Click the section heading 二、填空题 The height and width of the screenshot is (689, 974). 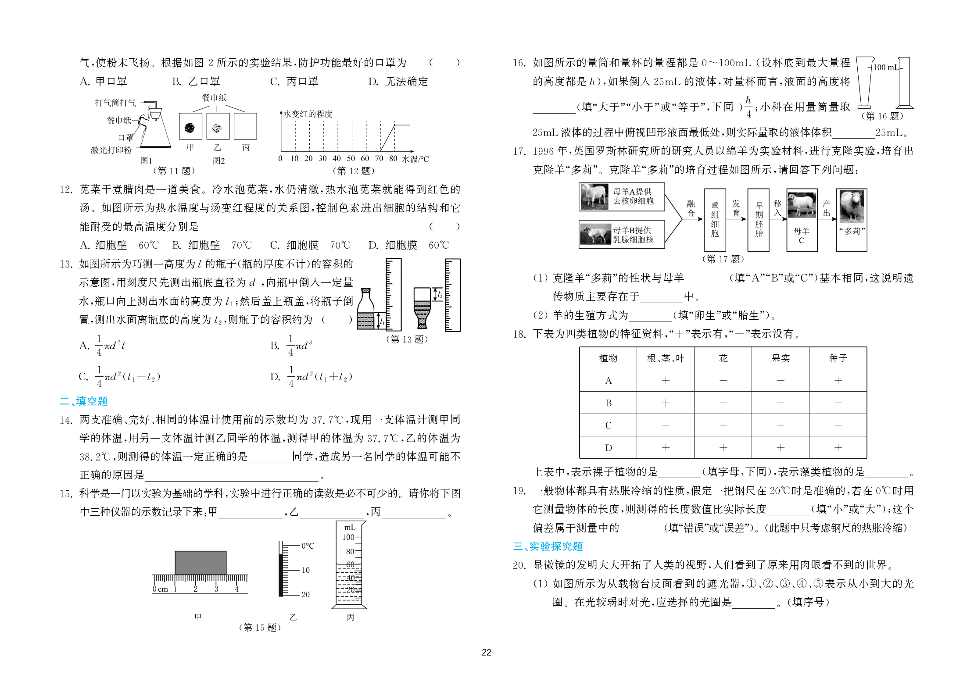[84, 401]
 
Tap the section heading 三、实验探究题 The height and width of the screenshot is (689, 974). [548, 546]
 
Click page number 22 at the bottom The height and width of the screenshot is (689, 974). [486, 653]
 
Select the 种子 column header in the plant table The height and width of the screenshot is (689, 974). [838, 358]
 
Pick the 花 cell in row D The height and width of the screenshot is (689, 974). [723, 447]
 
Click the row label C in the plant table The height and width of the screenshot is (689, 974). [608, 425]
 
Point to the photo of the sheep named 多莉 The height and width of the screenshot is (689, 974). [851, 207]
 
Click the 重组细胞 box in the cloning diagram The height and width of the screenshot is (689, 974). [715, 219]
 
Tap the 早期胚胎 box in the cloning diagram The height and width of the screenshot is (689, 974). [759, 219]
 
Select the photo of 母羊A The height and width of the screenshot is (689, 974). [594, 196]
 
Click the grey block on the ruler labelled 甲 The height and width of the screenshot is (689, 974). [201, 562]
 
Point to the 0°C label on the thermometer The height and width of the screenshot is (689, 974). [308, 546]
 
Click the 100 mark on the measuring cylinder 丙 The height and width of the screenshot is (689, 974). [349, 537]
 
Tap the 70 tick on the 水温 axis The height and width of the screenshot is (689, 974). [379, 158]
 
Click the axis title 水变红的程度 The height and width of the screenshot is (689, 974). [308, 114]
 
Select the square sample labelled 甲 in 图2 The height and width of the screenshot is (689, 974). [190, 127]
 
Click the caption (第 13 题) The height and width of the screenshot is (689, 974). [407, 339]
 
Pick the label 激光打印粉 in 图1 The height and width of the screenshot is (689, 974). [111, 150]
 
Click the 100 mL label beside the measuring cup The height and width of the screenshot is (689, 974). [885, 68]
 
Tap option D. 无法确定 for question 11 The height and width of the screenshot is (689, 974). [398, 82]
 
